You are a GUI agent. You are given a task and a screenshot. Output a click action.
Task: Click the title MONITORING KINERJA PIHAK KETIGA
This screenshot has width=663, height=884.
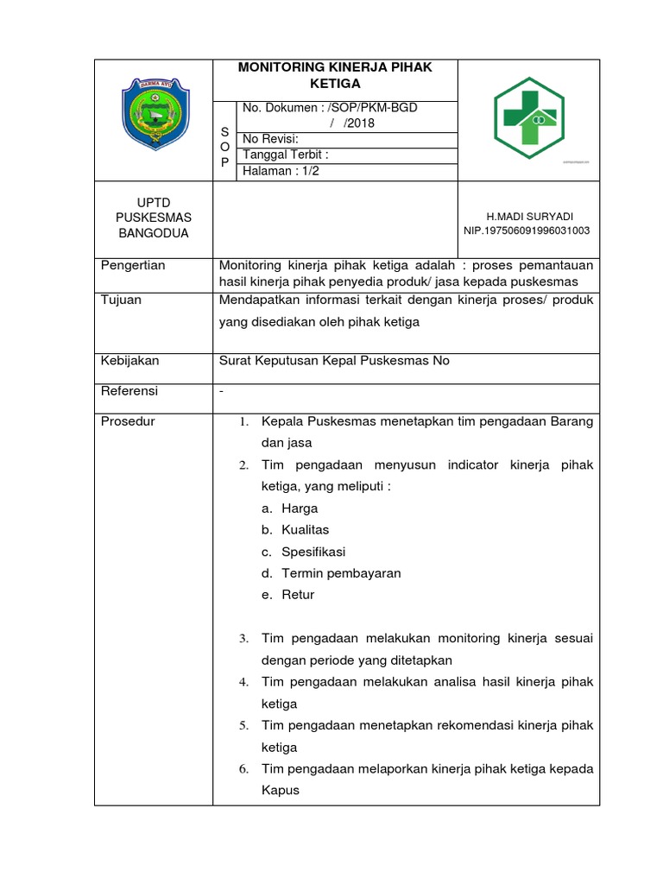335,75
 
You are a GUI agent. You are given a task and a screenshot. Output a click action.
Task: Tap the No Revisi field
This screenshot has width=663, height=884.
271,139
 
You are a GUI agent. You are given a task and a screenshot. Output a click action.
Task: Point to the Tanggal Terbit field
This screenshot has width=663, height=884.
286,155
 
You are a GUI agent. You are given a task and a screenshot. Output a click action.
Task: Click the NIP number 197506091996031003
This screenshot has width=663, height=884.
527,230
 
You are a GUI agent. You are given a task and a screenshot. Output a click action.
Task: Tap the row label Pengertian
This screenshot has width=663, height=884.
133,265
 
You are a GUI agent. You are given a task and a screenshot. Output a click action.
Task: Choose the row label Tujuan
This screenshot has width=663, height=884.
122,300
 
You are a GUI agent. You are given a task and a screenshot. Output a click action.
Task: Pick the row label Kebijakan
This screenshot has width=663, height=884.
130,361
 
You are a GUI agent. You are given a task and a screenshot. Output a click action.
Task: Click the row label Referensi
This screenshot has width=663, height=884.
129,391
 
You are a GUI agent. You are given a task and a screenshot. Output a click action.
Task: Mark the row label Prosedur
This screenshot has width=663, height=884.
128,421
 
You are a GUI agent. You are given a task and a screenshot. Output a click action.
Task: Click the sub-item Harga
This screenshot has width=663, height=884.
299,508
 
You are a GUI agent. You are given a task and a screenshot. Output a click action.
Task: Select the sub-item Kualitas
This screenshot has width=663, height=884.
305,529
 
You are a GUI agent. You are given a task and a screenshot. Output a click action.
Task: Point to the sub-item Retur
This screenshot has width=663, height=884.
298,595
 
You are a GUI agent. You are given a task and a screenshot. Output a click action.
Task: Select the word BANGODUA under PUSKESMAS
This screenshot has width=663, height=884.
153,233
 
